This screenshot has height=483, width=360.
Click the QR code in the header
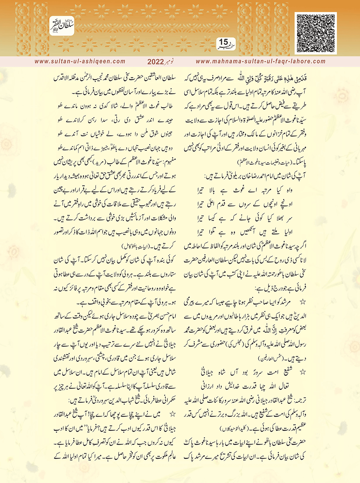click(315, 33)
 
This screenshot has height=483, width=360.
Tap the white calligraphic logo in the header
click(62, 26)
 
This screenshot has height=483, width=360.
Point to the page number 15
click(224, 42)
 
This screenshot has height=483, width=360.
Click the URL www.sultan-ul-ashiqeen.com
click(80, 61)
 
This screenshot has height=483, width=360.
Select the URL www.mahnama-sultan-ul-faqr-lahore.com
click(260, 61)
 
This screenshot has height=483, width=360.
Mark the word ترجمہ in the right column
click(299, 400)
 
